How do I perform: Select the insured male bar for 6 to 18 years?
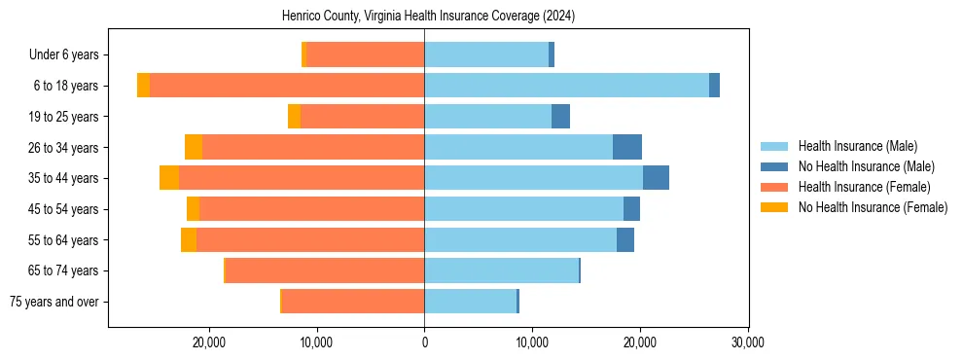[566, 86]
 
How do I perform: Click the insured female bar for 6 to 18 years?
[287, 86]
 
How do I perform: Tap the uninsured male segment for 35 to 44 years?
[656, 178]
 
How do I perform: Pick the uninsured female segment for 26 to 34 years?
[194, 147]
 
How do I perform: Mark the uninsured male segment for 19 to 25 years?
[560, 117]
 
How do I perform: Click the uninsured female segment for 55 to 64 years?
[189, 239]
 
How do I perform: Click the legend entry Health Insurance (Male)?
[857, 146]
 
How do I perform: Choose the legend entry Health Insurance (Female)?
[864, 187]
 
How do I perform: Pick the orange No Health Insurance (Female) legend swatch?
[774, 207]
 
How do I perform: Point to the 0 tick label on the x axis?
[424, 342]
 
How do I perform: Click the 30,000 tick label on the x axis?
[747, 342]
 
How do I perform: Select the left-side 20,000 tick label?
[209, 342]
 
